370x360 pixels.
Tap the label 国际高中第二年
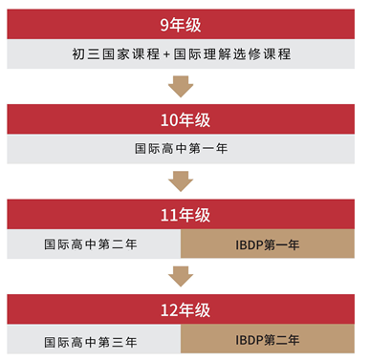[91, 244]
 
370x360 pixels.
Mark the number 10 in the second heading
[163, 120]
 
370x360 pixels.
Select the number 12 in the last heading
[163, 309]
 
